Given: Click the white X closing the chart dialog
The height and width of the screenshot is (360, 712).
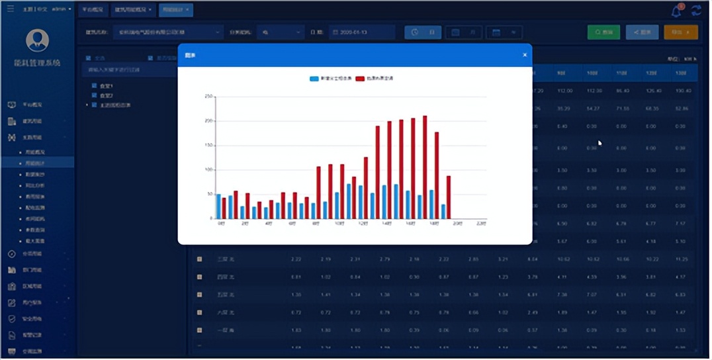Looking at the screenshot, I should [525, 55].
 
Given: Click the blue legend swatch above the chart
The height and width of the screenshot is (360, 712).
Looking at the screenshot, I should [314, 79].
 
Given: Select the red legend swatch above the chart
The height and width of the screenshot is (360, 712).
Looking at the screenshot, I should [360, 79].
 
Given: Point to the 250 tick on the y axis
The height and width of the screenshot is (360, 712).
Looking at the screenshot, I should [208, 97].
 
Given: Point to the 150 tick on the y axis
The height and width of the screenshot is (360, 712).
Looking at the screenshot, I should [208, 146].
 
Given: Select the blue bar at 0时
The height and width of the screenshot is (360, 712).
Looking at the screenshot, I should [219, 206].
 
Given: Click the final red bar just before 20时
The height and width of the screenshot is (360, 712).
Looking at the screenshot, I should [449, 197].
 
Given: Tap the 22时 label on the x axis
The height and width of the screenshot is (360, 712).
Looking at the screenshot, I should [481, 224].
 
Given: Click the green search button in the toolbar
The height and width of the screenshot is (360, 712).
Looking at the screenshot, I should [603, 32].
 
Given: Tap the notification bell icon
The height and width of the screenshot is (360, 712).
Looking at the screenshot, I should [676, 11].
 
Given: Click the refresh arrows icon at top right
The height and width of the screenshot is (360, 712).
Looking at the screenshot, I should [696, 11].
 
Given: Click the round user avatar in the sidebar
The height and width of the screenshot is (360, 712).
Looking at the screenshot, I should [37, 40].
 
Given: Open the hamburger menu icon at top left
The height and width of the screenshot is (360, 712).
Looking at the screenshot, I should [10, 10].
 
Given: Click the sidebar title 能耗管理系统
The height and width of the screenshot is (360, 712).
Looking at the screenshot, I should [37, 63].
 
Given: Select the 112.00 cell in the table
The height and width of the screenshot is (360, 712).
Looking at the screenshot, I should [564, 91].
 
